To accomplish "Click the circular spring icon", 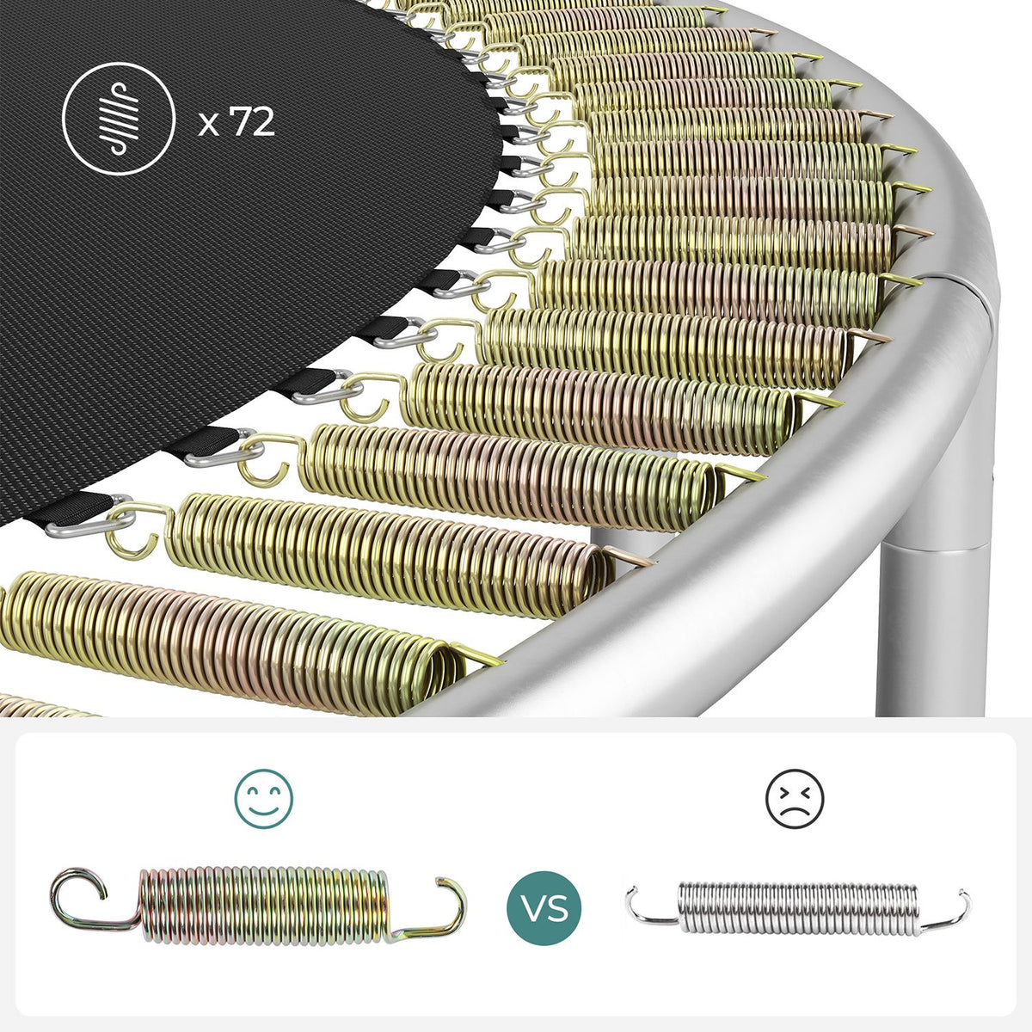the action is (x=119, y=119).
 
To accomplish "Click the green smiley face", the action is (x=263, y=800).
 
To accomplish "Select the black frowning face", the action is (x=795, y=800).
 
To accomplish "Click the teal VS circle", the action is (x=544, y=908).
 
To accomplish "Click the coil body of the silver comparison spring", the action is (x=798, y=907).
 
